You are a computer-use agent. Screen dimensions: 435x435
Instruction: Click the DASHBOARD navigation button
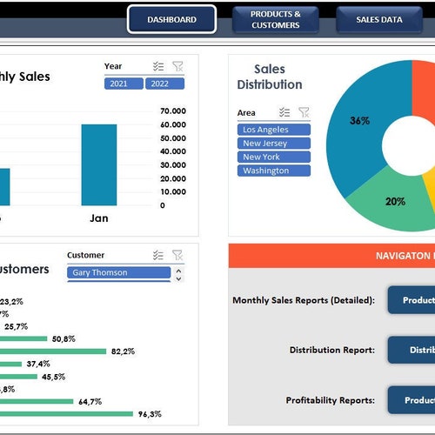tap(171, 19)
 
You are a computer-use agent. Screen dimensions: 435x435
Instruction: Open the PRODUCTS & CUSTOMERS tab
tap(276, 19)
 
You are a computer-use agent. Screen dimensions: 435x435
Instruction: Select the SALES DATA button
tap(379, 19)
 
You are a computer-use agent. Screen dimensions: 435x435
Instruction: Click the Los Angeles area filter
tap(273, 130)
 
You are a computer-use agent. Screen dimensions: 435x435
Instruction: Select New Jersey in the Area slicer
tap(273, 144)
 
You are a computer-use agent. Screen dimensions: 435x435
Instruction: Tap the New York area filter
tap(273, 157)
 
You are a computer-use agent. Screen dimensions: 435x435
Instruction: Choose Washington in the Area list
tap(273, 171)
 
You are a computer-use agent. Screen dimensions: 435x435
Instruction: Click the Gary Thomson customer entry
tap(118, 272)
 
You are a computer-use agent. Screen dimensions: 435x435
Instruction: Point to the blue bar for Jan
tap(99, 164)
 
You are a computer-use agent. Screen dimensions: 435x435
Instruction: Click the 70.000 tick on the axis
tap(173, 111)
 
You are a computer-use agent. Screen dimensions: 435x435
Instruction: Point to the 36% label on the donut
tap(359, 121)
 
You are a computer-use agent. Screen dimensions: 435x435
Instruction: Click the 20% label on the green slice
tap(395, 201)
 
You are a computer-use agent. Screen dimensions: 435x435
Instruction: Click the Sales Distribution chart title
tap(270, 77)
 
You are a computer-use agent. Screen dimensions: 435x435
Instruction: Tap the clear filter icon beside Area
tap(304, 112)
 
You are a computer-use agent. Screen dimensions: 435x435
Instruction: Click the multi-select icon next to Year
tap(157, 66)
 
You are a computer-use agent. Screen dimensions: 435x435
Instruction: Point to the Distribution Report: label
tap(331, 350)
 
